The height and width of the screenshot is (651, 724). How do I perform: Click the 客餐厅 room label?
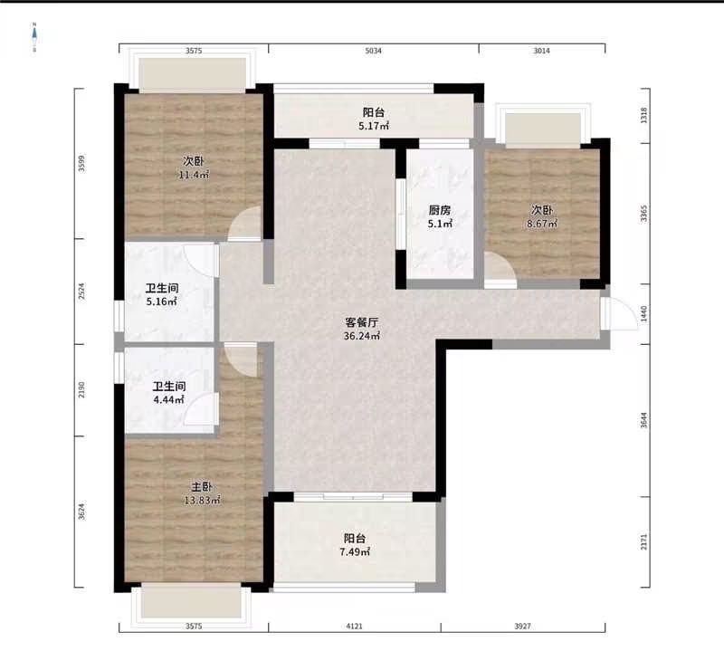pyautogui.click(x=362, y=322)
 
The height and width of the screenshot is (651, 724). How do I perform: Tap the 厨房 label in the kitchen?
pyautogui.click(x=440, y=211)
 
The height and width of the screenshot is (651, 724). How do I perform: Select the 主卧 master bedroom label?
pyautogui.click(x=202, y=487)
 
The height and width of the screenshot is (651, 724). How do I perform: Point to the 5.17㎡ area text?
pyautogui.click(x=374, y=125)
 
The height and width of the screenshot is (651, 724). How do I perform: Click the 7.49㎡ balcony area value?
pyautogui.click(x=355, y=551)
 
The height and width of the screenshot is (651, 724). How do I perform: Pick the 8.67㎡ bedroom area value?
pyautogui.click(x=542, y=224)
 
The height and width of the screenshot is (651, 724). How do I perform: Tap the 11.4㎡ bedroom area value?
pyautogui.click(x=194, y=175)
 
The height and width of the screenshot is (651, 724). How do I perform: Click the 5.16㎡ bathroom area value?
pyautogui.click(x=162, y=302)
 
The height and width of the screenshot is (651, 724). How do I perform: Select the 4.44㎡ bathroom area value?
pyautogui.click(x=169, y=399)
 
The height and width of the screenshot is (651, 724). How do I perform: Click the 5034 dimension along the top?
pyautogui.click(x=374, y=51)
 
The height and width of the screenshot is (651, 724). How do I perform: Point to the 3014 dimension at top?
pyautogui.click(x=541, y=51)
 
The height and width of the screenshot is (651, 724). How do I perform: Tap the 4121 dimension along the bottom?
pyautogui.click(x=354, y=626)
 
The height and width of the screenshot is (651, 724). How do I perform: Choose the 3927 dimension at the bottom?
pyautogui.click(x=523, y=626)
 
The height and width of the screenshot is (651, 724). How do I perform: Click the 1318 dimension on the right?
pyautogui.click(x=644, y=115)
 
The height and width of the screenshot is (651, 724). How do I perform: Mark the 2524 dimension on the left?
pyautogui.click(x=81, y=292)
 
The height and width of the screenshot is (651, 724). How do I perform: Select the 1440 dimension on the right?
pyautogui.click(x=644, y=314)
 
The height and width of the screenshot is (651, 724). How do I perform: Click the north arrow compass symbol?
pyautogui.click(x=34, y=37)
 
